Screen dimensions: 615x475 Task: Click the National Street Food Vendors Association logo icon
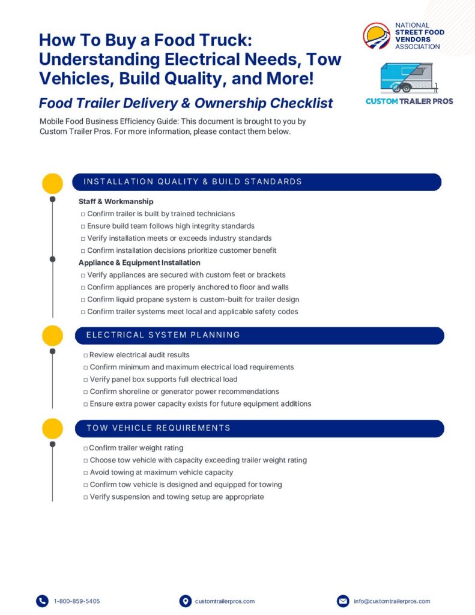point(377,36)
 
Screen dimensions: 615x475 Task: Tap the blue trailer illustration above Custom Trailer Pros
point(409,78)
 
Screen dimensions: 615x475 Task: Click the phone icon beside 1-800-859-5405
point(42,601)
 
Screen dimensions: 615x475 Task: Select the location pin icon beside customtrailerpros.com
point(185,601)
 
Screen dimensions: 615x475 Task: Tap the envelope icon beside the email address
point(343,601)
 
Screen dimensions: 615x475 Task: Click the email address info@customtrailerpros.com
point(392,601)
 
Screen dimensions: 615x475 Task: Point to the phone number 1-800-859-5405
point(77,601)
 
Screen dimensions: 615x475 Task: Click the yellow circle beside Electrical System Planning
point(52,336)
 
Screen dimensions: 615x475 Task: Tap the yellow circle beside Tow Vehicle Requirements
point(52,429)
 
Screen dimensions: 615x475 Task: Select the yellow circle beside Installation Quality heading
point(52,183)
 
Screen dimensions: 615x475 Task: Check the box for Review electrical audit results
point(86,356)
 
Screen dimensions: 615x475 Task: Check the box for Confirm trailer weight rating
point(86,449)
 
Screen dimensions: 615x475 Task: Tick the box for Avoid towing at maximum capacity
point(86,473)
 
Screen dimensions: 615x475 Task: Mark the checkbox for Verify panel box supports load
point(86,380)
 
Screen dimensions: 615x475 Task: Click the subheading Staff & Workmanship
point(116,202)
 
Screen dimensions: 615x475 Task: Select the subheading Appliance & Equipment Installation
point(139,263)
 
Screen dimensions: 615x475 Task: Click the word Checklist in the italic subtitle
point(295,103)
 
